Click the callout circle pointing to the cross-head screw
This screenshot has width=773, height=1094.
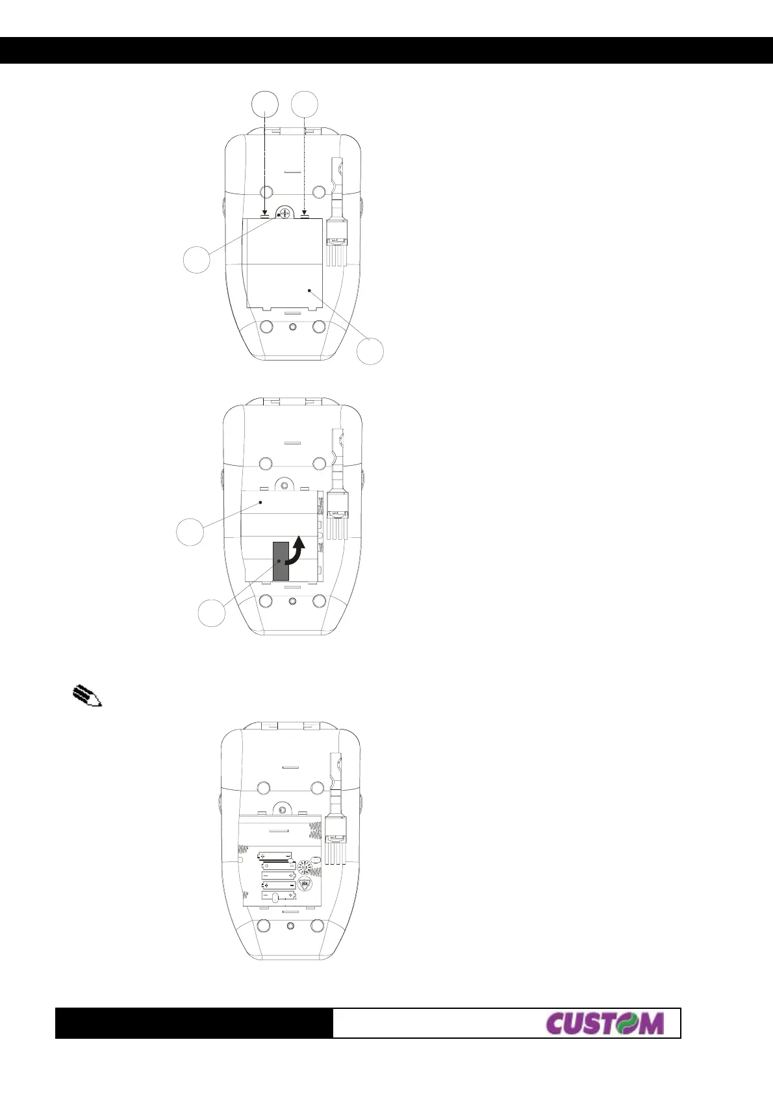coord(197,259)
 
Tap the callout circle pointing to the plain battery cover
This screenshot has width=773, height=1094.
coord(370,351)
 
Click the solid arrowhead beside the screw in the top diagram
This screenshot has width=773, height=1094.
coord(264,212)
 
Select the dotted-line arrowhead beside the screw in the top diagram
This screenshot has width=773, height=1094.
coord(304,212)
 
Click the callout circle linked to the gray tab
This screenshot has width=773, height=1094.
coord(212,613)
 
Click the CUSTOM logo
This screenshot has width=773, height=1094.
coord(605,1023)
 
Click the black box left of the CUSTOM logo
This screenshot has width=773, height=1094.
coord(194,1023)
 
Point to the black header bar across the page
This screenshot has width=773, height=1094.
coord(386,50)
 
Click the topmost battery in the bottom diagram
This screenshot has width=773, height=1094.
coord(275,856)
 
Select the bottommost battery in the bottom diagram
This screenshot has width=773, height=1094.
coord(278,896)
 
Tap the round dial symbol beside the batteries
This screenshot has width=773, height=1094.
coord(304,867)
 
